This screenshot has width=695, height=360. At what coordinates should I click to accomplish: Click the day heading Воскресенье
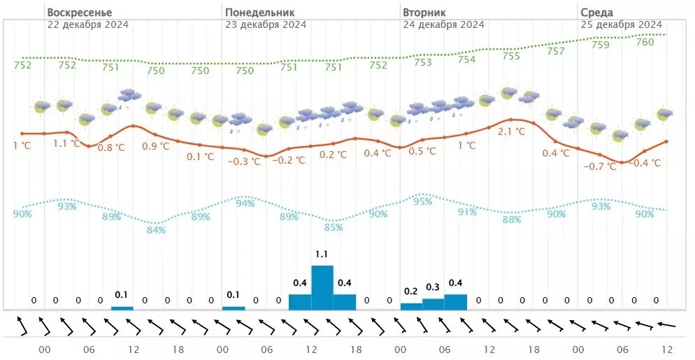79,13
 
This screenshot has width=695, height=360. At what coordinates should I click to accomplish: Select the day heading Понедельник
259,13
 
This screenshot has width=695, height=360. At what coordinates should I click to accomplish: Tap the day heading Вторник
424,13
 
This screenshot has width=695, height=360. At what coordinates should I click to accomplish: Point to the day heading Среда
596,13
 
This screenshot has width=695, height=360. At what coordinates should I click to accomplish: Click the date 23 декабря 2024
265,24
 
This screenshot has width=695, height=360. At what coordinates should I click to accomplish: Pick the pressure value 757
556,51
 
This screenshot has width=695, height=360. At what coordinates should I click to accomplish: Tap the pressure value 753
423,62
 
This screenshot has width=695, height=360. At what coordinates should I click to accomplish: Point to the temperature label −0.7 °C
601,166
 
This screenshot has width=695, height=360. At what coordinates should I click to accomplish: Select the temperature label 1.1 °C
69,143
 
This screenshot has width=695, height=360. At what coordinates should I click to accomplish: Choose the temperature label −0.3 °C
245,161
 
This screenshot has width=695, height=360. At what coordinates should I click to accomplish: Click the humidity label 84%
157,230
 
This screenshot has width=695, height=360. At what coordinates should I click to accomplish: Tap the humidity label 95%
422,201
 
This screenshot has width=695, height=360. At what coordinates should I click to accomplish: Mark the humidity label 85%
334,227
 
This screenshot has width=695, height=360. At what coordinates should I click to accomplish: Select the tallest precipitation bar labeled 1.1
322,287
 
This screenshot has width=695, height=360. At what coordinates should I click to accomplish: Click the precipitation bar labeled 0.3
434,304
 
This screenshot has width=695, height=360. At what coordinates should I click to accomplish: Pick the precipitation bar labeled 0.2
411,306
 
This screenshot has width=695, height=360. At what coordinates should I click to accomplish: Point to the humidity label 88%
512,219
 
